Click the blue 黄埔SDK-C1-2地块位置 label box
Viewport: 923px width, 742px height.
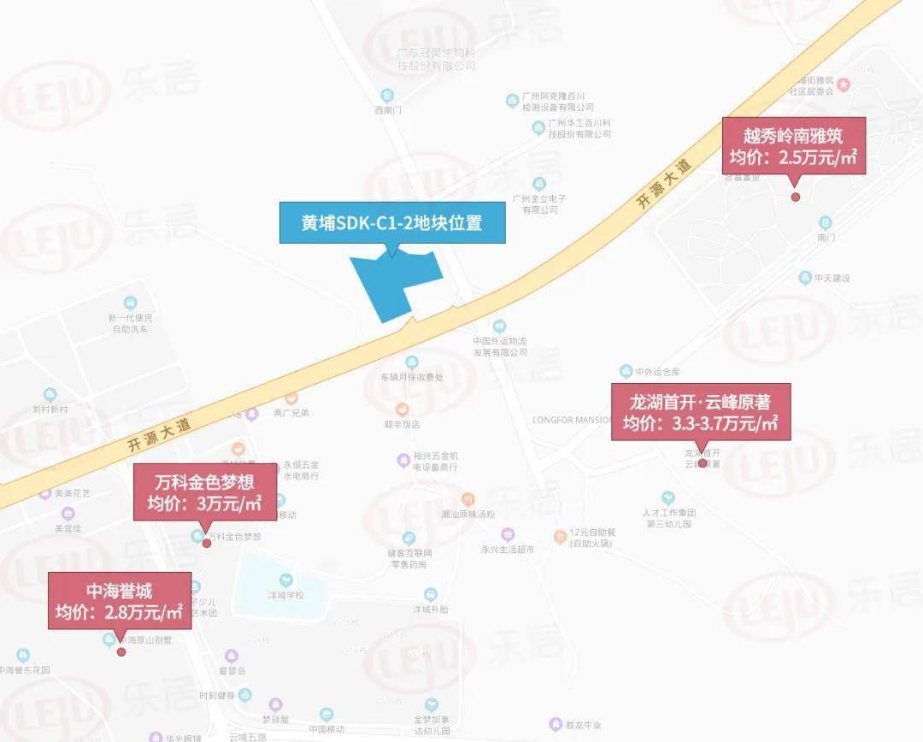point(391,223)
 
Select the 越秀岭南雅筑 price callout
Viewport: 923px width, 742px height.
point(793,146)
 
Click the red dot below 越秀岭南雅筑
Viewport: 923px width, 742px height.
point(796,197)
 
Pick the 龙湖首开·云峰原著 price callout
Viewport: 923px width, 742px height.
point(701,412)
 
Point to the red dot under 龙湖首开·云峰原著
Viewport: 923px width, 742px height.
point(703,463)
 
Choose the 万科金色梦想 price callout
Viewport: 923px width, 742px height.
point(205,492)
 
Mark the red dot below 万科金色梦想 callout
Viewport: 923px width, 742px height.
point(206,544)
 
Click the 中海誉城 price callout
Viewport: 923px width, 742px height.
point(120,600)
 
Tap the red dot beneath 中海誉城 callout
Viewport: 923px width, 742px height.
point(121,651)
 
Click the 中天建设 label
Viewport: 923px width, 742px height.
point(832,278)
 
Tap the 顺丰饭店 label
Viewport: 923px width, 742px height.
point(402,423)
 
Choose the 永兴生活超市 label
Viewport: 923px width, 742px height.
point(508,550)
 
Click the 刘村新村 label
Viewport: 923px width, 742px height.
point(50,409)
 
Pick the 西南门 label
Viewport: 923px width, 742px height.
point(387,109)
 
